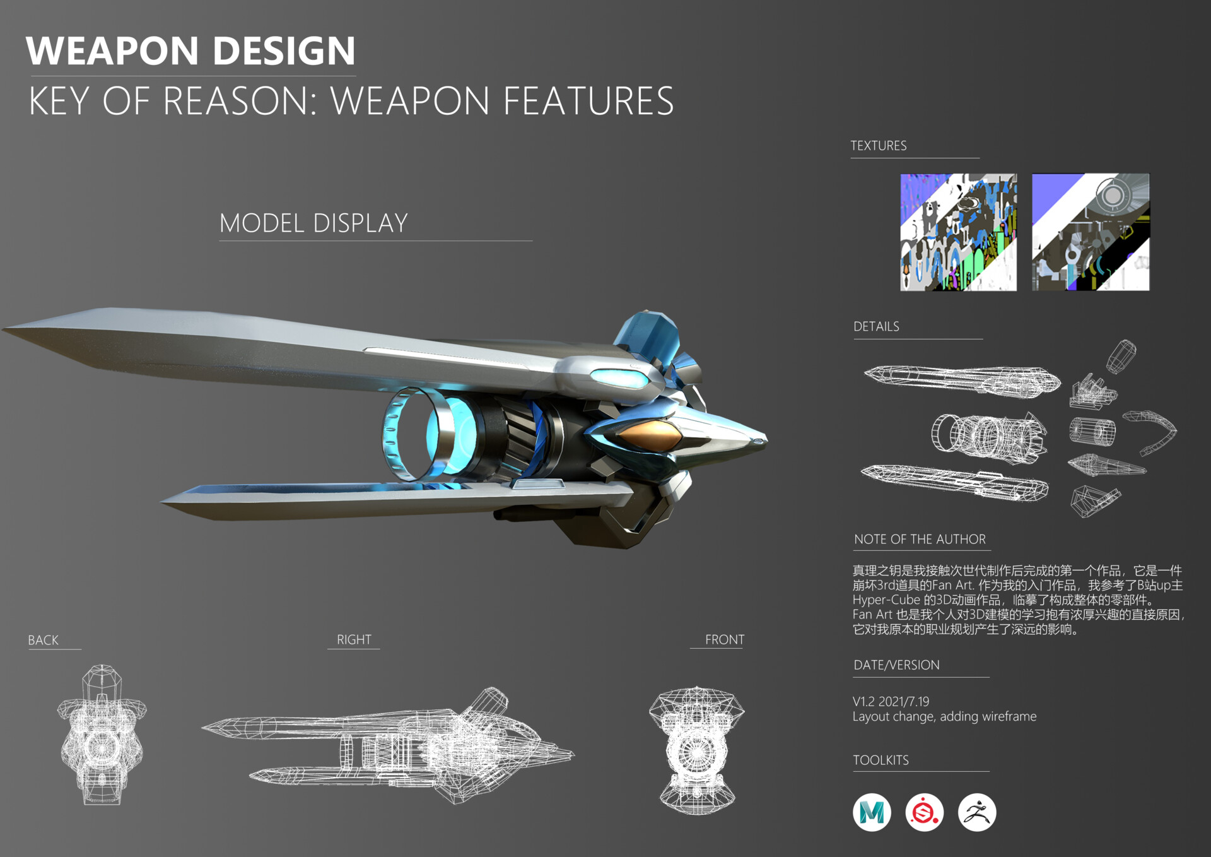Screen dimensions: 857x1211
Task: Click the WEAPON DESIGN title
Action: (190, 51)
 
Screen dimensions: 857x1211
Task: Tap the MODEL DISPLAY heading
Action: (313, 223)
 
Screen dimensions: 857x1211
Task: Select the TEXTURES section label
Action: (878, 146)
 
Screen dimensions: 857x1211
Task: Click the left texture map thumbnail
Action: (958, 232)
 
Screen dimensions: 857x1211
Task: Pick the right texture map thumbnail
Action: (1091, 232)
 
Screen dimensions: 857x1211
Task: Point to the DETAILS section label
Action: (876, 327)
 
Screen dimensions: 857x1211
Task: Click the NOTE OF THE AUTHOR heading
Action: (920, 540)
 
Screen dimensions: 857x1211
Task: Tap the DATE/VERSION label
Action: (896, 665)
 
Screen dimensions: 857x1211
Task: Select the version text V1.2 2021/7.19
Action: (891, 702)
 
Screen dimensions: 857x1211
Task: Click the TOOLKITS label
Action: (880, 760)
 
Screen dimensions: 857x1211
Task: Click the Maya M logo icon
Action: (872, 812)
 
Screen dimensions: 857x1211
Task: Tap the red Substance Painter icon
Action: (925, 812)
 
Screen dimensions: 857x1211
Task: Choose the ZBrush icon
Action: (977, 812)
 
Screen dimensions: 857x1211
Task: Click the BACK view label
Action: (43, 641)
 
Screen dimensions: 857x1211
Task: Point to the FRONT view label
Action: (724, 640)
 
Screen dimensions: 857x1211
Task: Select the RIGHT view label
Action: (354, 640)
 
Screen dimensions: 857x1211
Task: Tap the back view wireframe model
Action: (102, 735)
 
